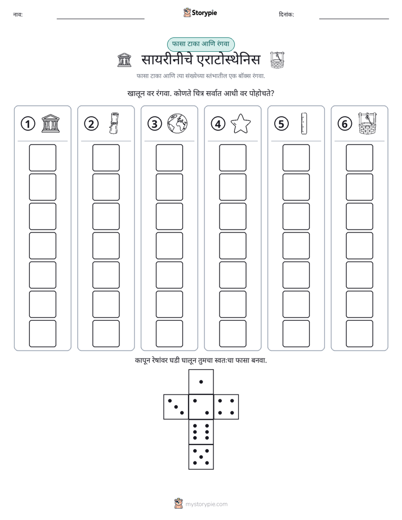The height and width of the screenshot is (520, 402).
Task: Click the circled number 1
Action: pos(28,124)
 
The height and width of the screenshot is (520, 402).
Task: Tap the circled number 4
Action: pos(218,124)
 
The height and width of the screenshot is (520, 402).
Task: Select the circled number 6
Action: pos(345,124)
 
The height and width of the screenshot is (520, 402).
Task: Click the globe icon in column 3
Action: pos(177,124)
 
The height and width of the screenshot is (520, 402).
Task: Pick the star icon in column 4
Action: pos(240,124)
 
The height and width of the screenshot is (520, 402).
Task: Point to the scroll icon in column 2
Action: pos(114,123)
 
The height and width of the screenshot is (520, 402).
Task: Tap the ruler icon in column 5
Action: pos(304,123)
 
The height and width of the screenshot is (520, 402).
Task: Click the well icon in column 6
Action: pos(368,123)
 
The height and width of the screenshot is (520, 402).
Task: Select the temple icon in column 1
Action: pos(51,123)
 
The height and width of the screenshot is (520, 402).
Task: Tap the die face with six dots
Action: pos(201,432)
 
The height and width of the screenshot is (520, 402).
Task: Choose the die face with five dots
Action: pos(201,457)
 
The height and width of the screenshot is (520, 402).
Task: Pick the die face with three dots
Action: pos(176,406)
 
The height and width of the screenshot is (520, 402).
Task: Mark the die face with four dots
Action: pos(226,406)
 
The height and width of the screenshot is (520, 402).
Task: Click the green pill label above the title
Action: pos(200,44)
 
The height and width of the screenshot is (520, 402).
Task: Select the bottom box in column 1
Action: pos(42,334)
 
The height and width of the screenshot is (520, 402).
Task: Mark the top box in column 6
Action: pos(359,158)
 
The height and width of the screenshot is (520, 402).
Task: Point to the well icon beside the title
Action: pos(277,60)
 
